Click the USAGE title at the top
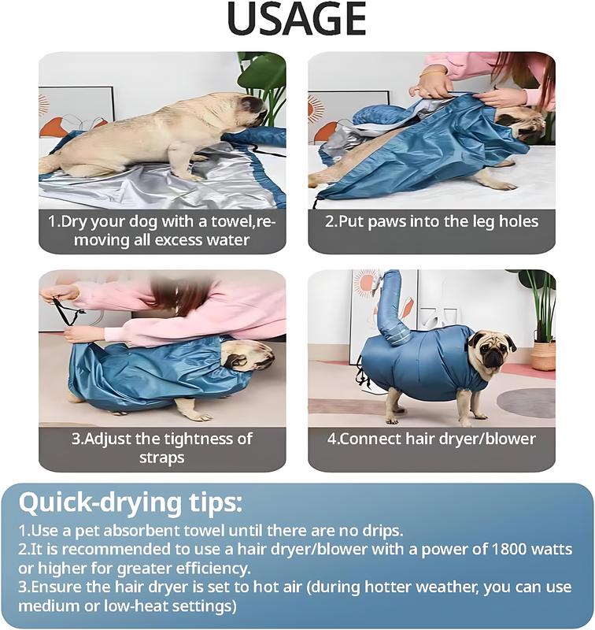click(x=296, y=19)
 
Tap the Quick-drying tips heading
click(x=131, y=503)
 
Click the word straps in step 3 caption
click(x=162, y=458)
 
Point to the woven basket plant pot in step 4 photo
click(x=543, y=355)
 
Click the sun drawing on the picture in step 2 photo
click(x=316, y=109)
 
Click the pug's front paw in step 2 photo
click(x=504, y=186)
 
